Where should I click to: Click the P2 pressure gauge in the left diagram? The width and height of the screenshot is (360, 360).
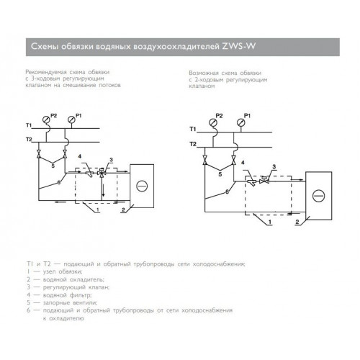[x=45, y=119]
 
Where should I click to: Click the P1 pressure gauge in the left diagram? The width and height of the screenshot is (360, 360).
[x=71, y=119]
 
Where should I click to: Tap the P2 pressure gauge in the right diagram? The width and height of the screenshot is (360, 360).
[x=213, y=122]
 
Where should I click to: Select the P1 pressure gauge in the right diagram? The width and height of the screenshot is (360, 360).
[x=240, y=122]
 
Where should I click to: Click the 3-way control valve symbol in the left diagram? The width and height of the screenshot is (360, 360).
[x=102, y=173]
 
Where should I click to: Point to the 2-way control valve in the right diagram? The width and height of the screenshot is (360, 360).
[x=264, y=181]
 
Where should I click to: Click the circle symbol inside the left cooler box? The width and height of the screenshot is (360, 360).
[x=142, y=186]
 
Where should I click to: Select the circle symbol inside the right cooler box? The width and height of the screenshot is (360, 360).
[x=319, y=196]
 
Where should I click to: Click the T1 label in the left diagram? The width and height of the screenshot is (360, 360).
[x=29, y=125]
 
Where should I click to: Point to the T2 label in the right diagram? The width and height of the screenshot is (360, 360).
[x=193, y=144]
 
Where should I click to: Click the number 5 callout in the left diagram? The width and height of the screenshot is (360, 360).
[x=53, y=166]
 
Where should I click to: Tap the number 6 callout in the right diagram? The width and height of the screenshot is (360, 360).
[x=227, y=192]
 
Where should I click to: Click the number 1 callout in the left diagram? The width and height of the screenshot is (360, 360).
[x=97, y=210]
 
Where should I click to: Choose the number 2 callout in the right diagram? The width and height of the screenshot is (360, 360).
[x=297, y=222]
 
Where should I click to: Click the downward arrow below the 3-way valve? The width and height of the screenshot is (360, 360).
[x=104, y=190]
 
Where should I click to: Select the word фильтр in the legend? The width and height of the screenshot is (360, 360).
[x=81, y=294]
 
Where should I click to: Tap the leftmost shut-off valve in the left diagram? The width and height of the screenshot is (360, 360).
[x=38, y=153]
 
